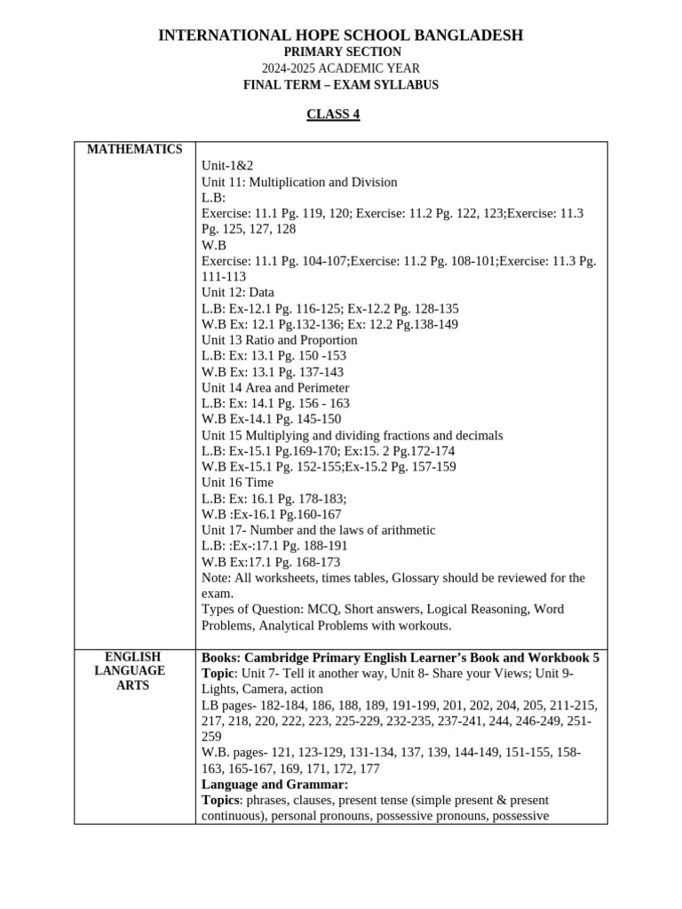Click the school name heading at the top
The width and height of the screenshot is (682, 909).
click(340, 36)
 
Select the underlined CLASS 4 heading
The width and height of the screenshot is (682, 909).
click(333, 115)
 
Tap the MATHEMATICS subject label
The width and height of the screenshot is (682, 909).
click(134, 149)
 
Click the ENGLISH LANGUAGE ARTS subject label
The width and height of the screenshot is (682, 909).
click(133, 671)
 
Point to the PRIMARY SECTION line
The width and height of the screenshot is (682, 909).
click(341, 52)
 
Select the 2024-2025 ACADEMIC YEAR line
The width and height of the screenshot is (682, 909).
click(341, 68)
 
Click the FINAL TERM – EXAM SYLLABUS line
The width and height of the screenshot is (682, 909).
click(341, 85)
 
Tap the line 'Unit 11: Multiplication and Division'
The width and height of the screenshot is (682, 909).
click(299, 182)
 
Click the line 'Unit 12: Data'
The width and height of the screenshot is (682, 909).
click(237, 292)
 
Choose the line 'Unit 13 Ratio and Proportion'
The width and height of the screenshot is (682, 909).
click(279, 340)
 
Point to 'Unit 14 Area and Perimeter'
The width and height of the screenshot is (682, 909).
click(275, 388)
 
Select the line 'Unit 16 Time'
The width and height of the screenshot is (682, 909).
click(237, 483)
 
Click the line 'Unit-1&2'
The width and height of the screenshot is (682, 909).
click(220, 166)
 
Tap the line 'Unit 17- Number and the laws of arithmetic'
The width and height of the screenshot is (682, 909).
click(318, 530)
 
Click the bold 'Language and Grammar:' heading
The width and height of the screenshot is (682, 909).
click(274, 785)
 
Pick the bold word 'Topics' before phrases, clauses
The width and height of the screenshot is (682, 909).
click(221, 800)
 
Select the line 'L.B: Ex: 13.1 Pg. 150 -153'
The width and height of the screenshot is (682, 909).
click(274, 356)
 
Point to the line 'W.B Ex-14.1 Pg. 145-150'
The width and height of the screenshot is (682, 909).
click(271, 419)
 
